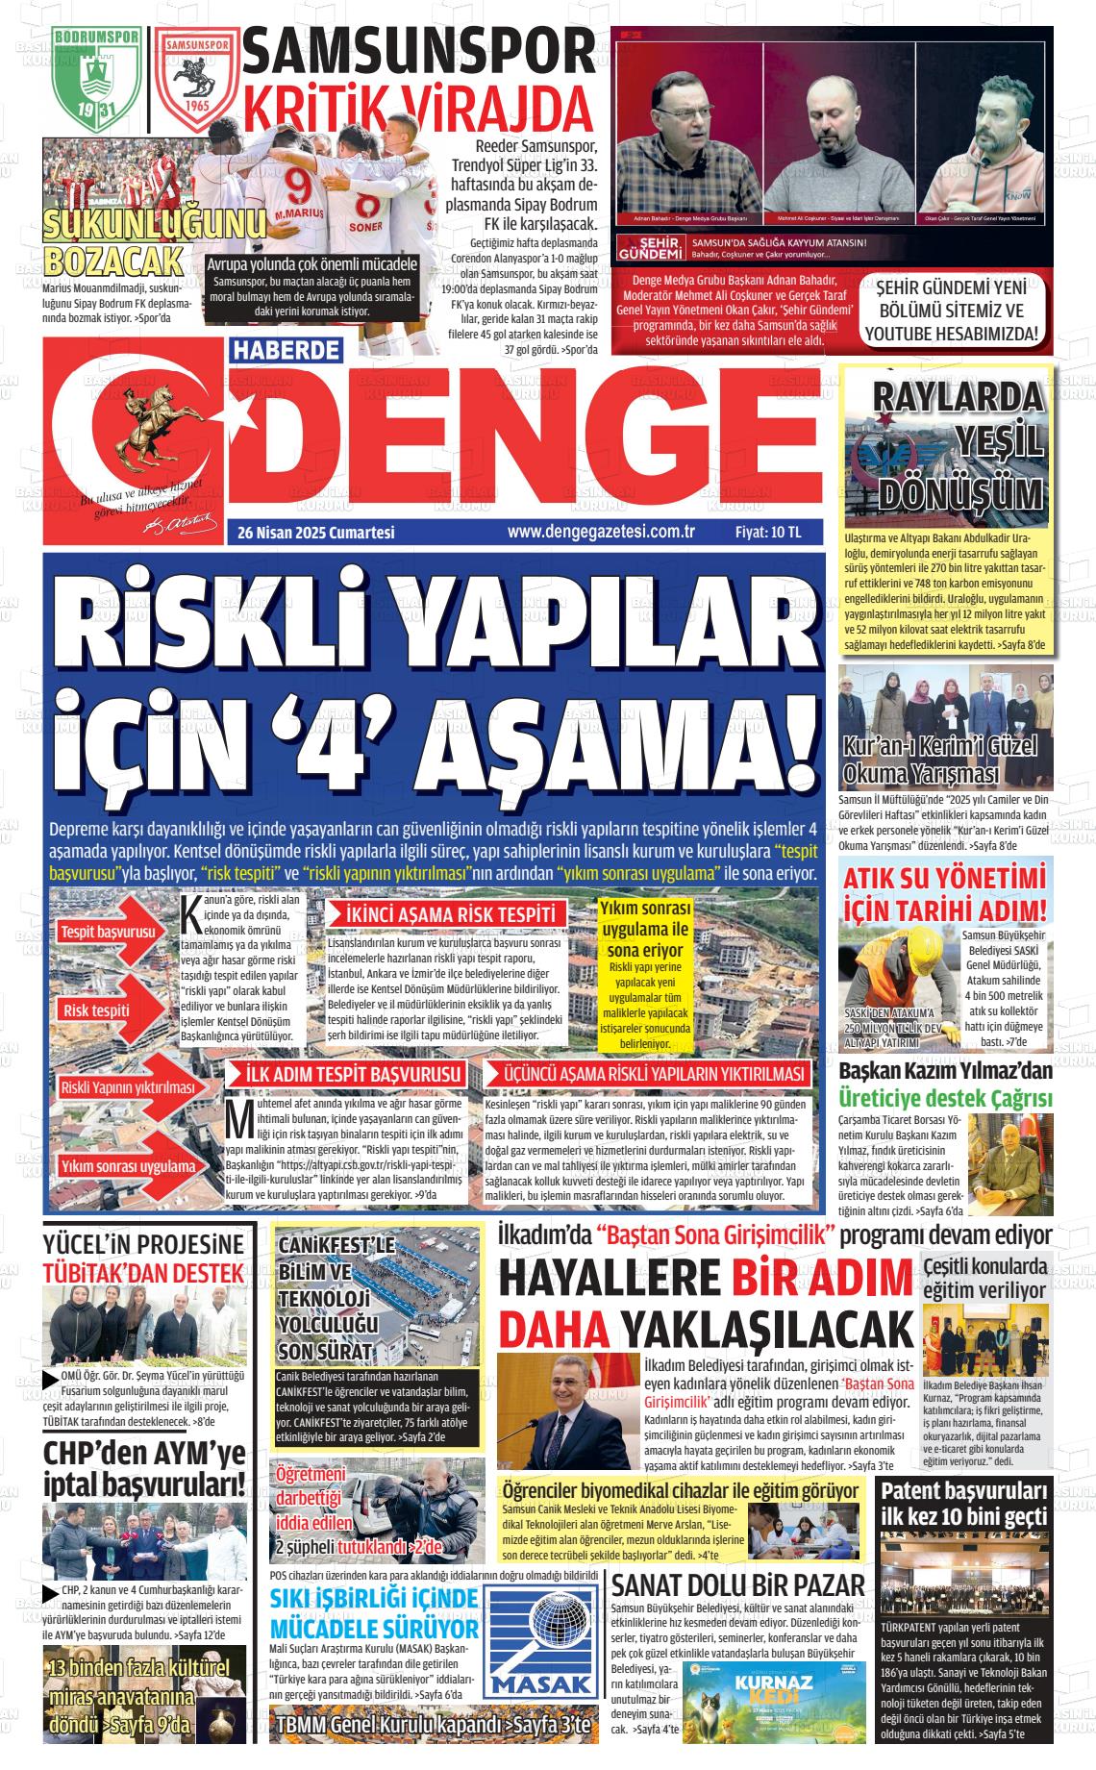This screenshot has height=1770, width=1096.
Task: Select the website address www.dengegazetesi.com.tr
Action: pyautogui.click(x=601, y=532)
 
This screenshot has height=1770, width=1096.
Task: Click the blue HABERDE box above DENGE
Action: pyautogui.click(x=286, y=352)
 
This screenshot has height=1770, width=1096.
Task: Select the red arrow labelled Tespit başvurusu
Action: pyautogui.click(x=109, y=933)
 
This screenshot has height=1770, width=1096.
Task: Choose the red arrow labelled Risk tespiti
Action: pyautogui.click(x=98, y=1010)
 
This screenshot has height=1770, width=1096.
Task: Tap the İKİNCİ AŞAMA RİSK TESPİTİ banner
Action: pyautogui.click(x=448, y=915)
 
